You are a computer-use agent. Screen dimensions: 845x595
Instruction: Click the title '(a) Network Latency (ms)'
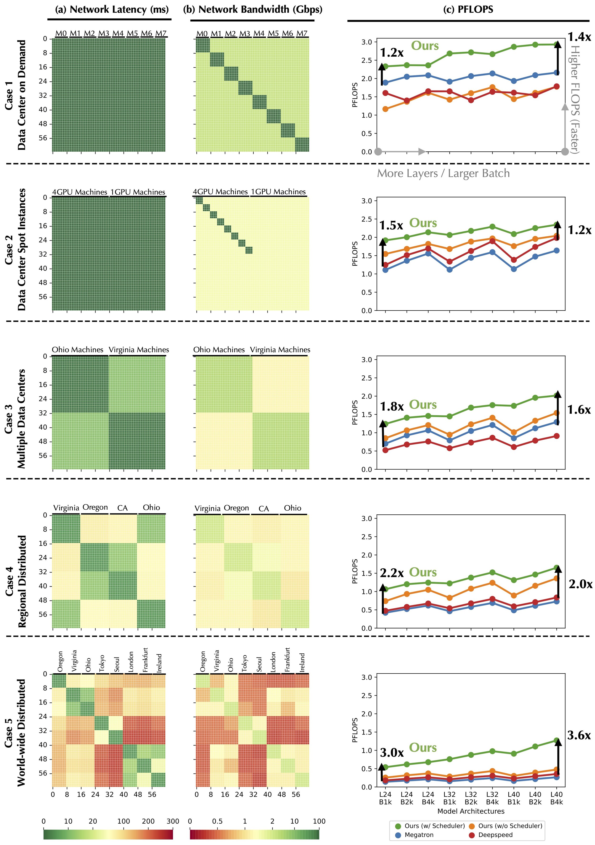tap(111, 9)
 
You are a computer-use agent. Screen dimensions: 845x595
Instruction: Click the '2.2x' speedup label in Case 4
tap(392, 573)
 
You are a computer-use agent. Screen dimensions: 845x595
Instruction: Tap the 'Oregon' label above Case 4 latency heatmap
tap(95, 507)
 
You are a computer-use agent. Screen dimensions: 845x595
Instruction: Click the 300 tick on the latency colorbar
tap(173, 821)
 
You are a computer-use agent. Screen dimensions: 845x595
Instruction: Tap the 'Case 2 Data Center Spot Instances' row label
tap(15, 249)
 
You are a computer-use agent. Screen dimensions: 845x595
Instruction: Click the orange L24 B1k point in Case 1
tap(385, 109)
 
